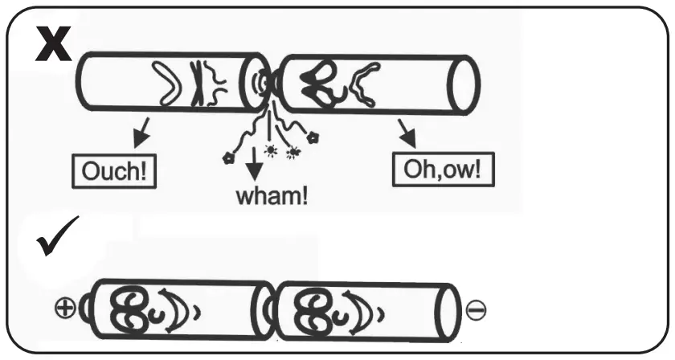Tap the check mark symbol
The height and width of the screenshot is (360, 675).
pyautogui.click(x=57, y=236)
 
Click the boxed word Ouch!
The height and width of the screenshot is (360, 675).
pyautogui.click(x=112, y=172)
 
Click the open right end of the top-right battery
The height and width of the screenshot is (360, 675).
pyautogui.click(x=464, y=84)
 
